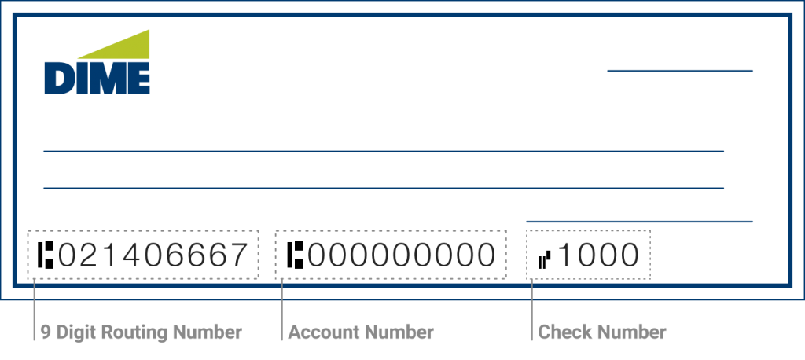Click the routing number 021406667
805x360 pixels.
click(x=153, y=255)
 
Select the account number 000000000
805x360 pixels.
click(x=401, y=255)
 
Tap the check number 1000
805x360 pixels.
click(x=598, y=255)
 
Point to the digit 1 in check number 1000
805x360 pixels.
click(x=564, y=255)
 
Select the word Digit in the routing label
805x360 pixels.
click(x=71, y=332)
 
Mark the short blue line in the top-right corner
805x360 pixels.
click(x=680, y=71)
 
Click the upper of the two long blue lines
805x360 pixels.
click(x=383, y=151)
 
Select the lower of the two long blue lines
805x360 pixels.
click(x=383, y=189)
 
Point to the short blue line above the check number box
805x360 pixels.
click(x=639, y=221)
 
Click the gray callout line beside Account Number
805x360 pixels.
click(x=281, y=310)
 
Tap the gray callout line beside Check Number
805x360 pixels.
click(x=532, y=310)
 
